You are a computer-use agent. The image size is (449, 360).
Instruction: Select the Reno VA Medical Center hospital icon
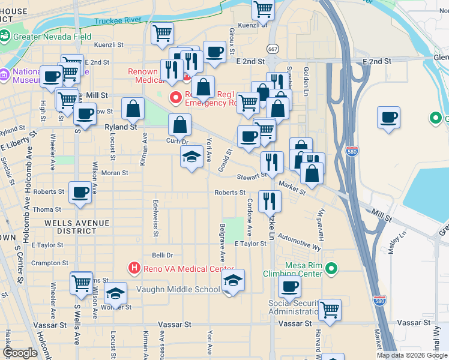pos(135,268)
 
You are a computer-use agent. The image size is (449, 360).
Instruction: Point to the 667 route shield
pos(273,49)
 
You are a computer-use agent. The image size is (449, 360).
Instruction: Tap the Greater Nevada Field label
pos(53,37)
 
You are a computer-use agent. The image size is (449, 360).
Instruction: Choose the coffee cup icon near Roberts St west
pos(80,193)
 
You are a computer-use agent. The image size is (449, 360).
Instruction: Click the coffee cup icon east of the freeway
pos(389,117)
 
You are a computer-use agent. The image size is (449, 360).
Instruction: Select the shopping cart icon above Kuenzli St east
pos(263,9)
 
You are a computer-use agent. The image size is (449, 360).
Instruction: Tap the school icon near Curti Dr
pos(191,157)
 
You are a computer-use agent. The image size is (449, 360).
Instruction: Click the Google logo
pos(20,353)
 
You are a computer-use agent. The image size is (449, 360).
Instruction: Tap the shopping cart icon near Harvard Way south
pos(330,310)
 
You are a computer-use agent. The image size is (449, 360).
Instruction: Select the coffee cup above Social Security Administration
pos(289,287)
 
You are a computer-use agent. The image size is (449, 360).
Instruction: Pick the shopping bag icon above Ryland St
pos(133,109)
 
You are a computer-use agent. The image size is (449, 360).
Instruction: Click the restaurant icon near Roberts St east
pos(270,200)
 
